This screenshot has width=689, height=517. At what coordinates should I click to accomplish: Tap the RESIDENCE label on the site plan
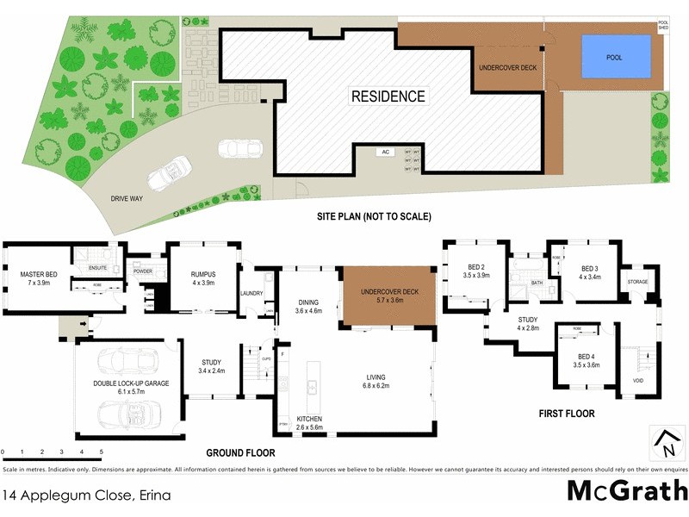pos(388,97)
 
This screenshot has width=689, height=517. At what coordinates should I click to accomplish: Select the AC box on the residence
pos(386,153)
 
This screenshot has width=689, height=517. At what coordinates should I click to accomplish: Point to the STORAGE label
pos(637,282)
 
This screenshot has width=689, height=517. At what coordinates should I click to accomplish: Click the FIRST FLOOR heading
pos(566,414)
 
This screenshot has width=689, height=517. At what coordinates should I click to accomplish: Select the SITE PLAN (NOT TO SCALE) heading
pos(373,216)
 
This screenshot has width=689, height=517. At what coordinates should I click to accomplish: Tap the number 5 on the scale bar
pos(102,452)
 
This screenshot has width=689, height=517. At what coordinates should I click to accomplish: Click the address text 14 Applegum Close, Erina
pos(86,495)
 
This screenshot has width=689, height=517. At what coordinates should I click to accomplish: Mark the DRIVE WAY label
pos(127,198)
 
